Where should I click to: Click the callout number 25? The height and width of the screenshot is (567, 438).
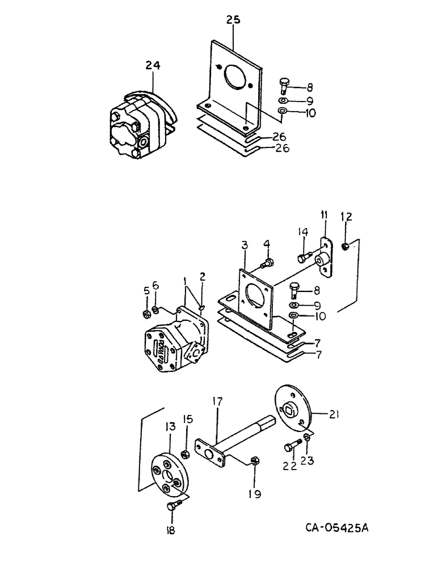(233, 19)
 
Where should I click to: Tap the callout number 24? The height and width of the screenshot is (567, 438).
(153, 66)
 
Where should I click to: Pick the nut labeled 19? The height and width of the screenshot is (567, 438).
(255, 461)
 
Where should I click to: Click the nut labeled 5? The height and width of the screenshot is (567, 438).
(145, 313)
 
